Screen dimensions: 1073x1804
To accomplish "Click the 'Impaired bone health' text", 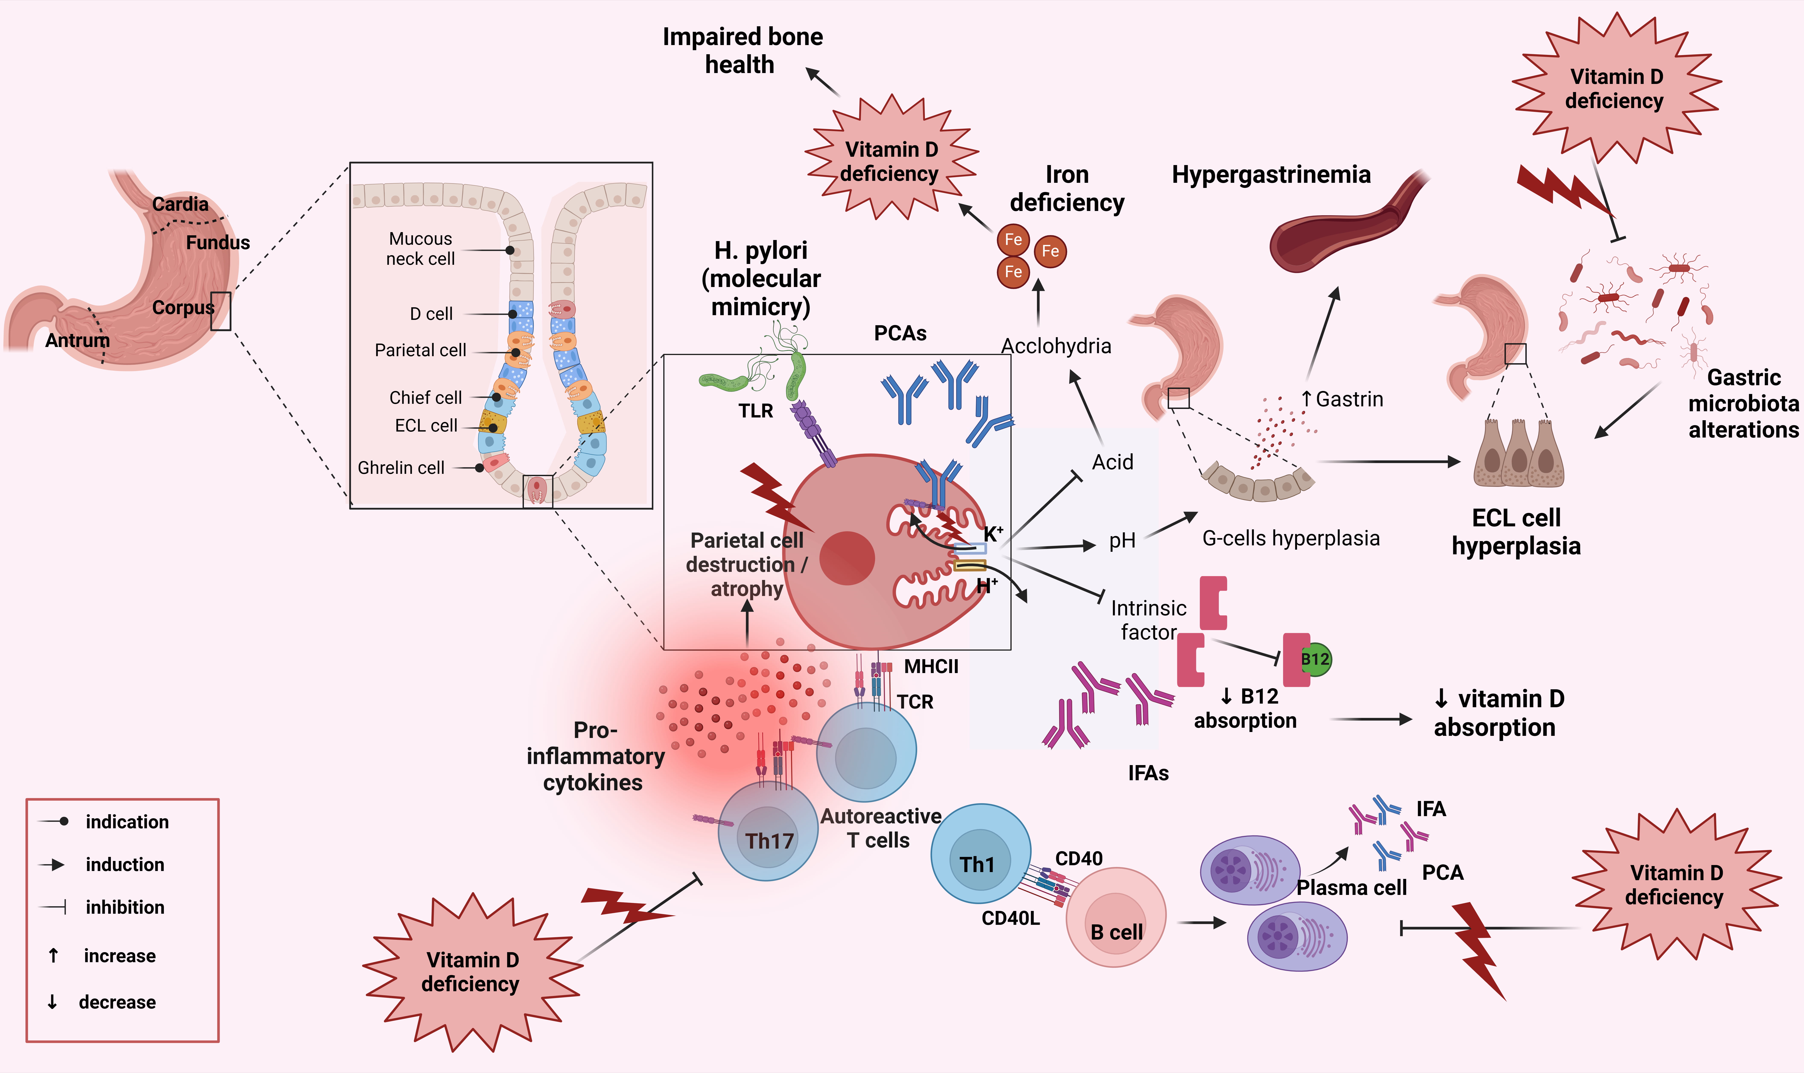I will click(x=742, y=51).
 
